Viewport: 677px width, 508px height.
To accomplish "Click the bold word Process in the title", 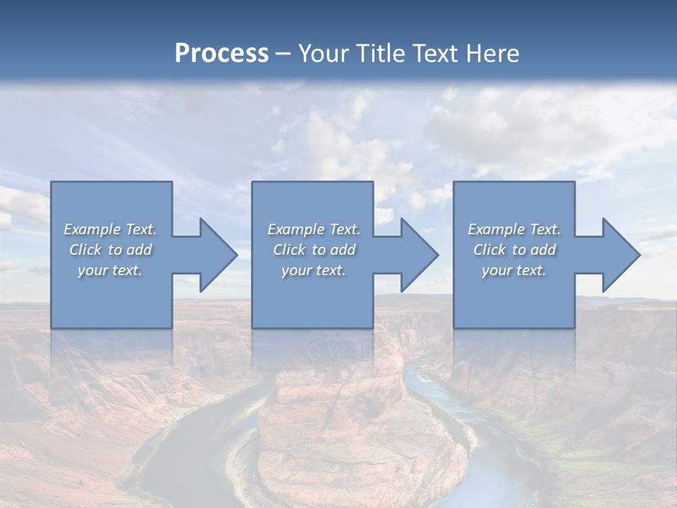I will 221,54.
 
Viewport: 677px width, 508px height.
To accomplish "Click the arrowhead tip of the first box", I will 229,255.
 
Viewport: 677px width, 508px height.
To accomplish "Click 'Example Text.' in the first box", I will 111,229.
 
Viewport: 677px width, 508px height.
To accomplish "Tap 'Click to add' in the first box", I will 111,250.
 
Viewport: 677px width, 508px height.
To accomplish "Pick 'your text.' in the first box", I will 111,270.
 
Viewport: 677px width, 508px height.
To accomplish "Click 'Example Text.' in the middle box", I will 314,229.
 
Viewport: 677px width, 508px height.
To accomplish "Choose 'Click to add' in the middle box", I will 314,250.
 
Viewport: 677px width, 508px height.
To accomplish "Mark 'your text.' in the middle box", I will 314,270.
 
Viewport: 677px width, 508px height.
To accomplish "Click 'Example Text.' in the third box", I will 514,229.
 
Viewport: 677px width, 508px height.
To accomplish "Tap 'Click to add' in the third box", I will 514,250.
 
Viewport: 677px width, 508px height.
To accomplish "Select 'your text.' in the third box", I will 514,270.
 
